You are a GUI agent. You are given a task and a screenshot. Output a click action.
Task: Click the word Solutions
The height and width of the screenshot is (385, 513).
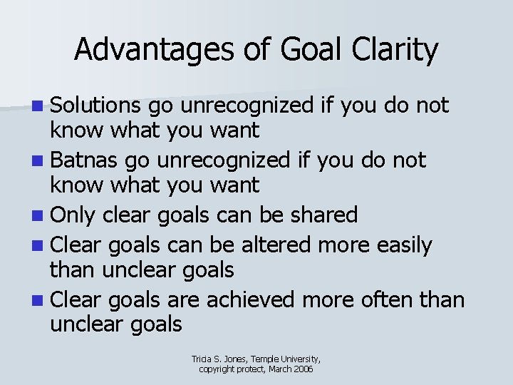tap(96, 106)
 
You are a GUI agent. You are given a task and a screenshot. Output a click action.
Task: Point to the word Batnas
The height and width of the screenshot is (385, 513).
tap(83, 160)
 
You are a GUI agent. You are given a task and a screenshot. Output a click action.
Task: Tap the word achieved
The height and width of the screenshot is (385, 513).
tap(252, 299)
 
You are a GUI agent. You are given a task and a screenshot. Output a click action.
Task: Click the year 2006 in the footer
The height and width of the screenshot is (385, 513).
tap(302, 369)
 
